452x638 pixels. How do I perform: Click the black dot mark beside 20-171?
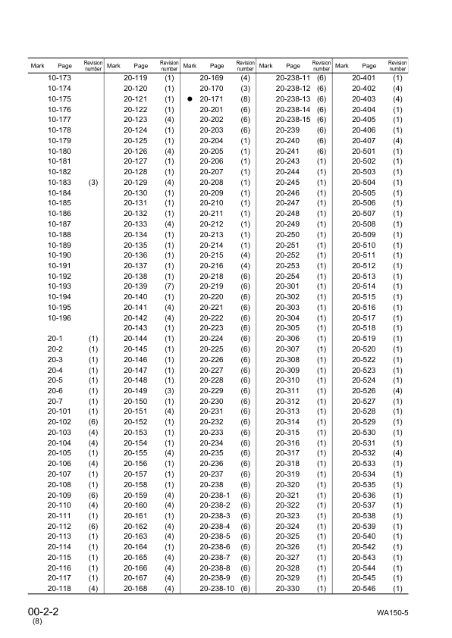click(x=189, y=99)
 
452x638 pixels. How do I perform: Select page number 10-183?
click(x=60, y=183)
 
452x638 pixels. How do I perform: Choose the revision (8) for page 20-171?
click(x=245, y=99)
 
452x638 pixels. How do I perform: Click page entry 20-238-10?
click(x=217, y=588)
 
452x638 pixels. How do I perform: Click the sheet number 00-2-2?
click(x=45, y=610)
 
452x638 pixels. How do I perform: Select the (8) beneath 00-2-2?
click(x=37, y=621)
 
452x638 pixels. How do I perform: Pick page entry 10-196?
click(x=60, y=317)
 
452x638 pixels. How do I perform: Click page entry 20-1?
click(x=55, y=338)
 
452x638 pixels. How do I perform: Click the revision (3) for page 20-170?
click(x=245, y=89)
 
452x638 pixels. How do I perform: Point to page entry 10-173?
click(x=60, y=79)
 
